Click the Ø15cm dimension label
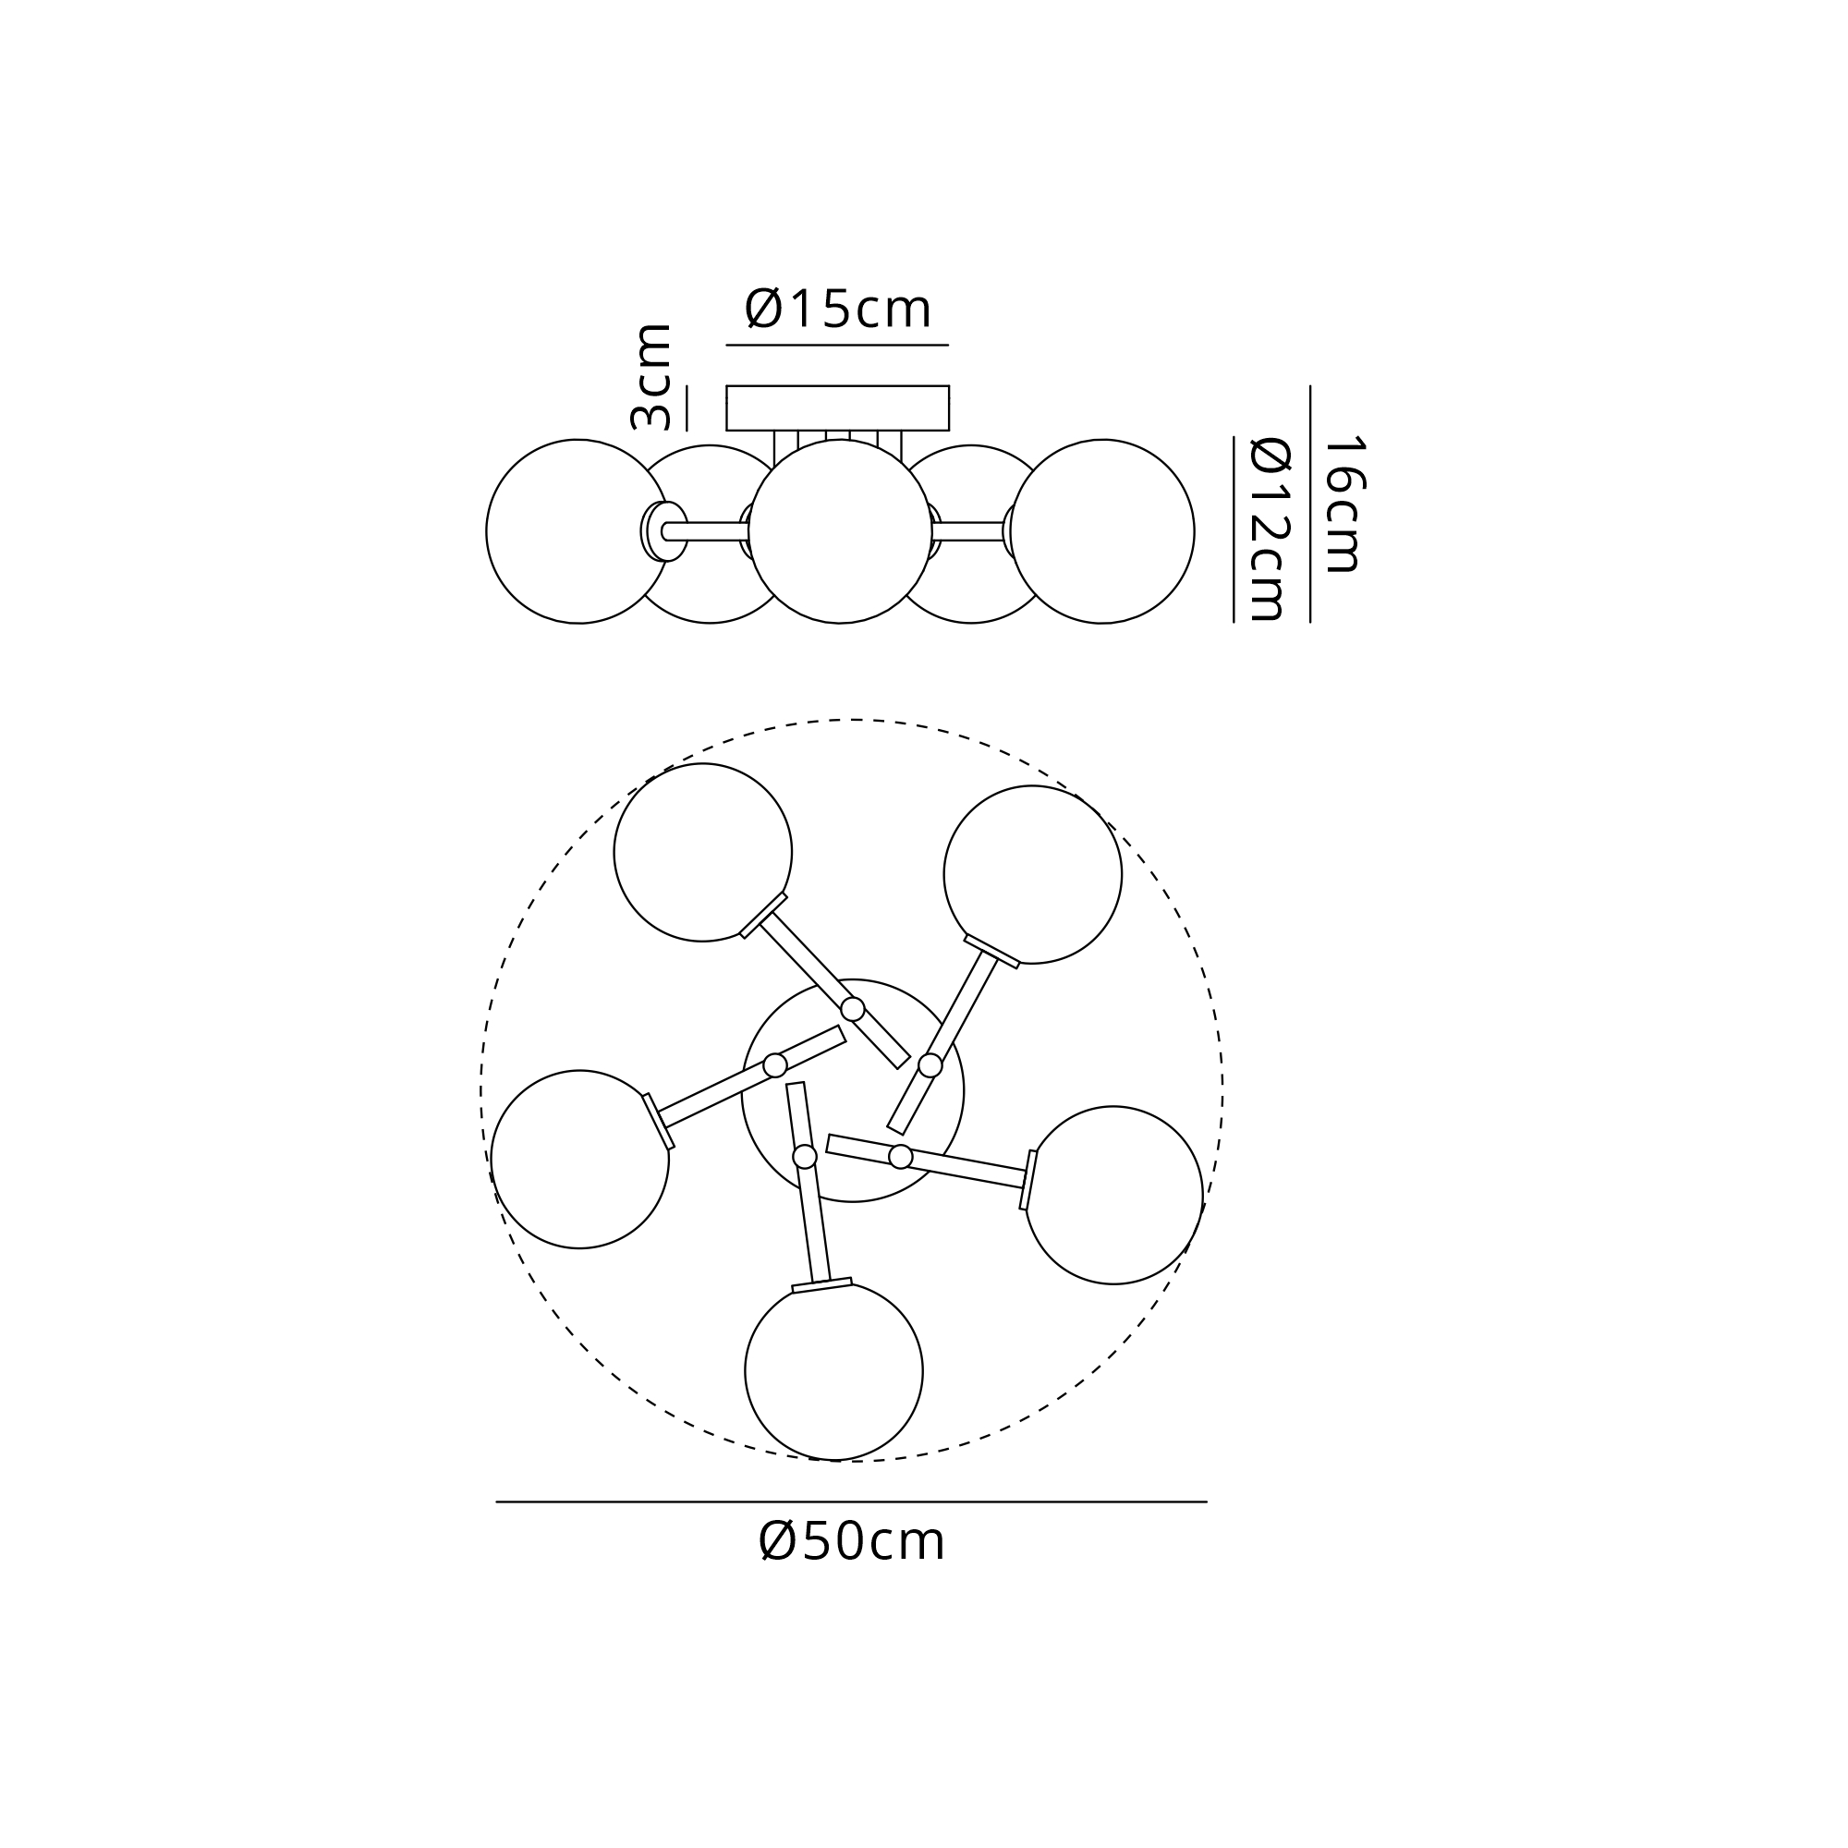pos(838,308)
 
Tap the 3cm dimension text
pos(651,377)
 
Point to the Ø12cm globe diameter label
pos(1270,529)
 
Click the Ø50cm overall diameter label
pos(851,1541)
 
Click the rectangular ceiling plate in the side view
pos(837,408)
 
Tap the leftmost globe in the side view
pos(577,532)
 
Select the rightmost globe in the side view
pos(1102,532)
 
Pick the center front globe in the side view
pos(840,532)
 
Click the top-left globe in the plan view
pos(703,852)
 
